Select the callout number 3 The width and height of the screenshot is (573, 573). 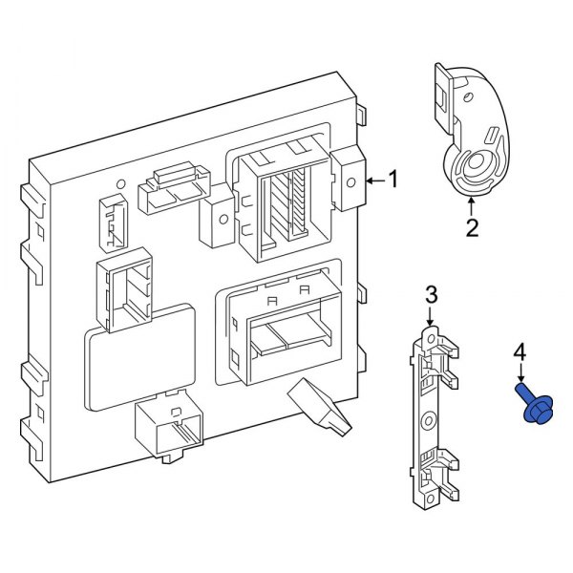click(x=431, y=292)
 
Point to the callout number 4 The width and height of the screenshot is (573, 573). click(x=520, y=353)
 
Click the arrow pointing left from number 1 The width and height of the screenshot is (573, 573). click(x=374, y=179)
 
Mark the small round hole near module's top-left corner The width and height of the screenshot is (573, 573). click(x=121, y=184)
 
